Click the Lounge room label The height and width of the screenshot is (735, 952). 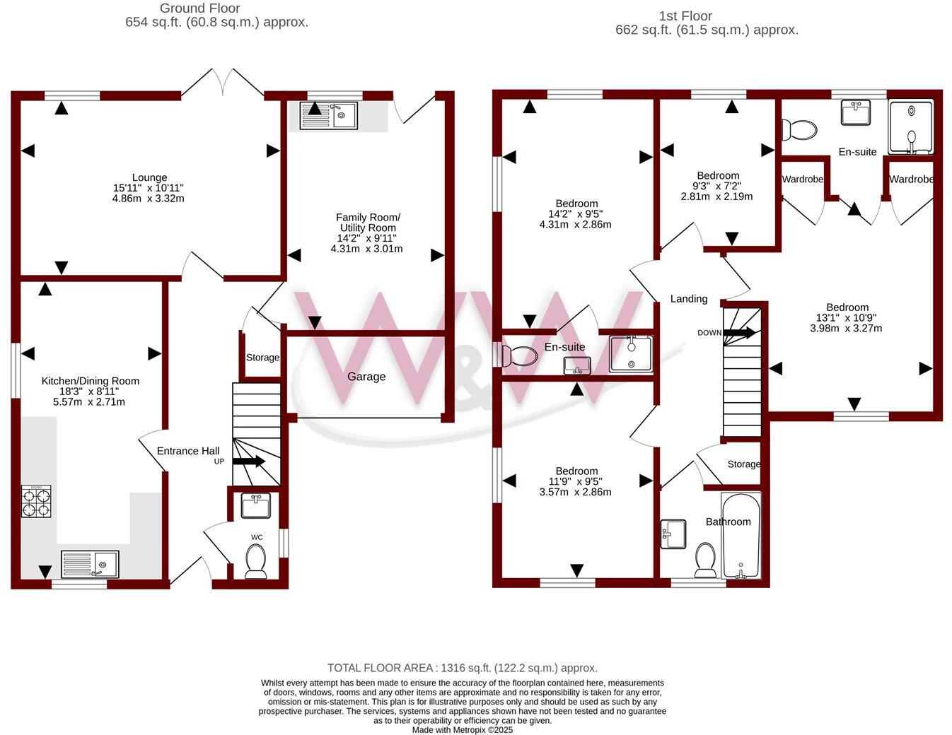[149, 178]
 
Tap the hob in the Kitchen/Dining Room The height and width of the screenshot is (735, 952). [36, 501]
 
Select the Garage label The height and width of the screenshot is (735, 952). [366, 377]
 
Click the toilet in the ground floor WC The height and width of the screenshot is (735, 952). [255, 561]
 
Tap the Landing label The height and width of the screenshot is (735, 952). [689, 299]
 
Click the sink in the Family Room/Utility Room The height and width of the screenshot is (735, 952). [329, 115]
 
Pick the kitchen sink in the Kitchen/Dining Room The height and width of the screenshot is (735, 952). [90, 565]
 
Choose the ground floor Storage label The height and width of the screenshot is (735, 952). [262, 358]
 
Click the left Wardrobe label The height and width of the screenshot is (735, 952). [802, 180]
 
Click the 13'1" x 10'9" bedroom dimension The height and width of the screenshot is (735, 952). [847, 317]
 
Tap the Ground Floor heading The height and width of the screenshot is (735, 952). [200, 8]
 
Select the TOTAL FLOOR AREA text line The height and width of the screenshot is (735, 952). [463, 668]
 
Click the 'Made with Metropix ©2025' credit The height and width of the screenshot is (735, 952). [463, 730]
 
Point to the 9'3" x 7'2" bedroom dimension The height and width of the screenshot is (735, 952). [718, 186]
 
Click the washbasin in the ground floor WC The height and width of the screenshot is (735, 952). [255, 505]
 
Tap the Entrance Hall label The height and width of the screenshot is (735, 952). [188, 451]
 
